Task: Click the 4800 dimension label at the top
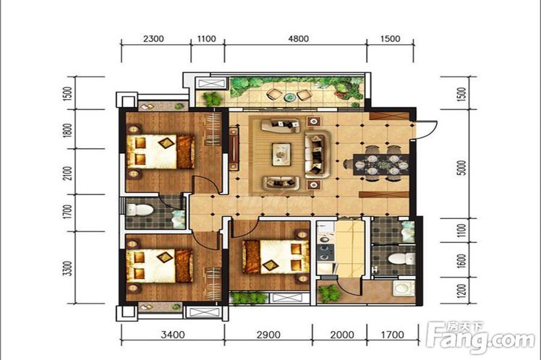299,38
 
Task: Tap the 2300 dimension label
153,38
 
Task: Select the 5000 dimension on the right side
463,168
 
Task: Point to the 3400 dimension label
173,335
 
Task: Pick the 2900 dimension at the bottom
268,335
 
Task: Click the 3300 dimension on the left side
68,268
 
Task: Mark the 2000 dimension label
342,335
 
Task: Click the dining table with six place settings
381,163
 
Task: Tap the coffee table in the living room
281,153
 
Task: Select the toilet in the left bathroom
140,210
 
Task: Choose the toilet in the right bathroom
401,258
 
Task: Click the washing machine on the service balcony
404,289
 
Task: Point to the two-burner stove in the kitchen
325,252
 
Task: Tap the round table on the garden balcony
290,97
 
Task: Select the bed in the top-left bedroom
161,152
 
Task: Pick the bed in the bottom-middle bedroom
276,257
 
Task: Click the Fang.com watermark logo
481,338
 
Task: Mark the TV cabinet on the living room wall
234,149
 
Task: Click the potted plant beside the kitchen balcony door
329,293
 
